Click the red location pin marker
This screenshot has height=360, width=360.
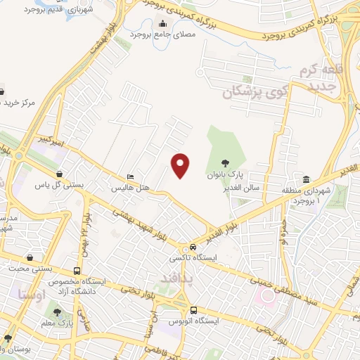181,166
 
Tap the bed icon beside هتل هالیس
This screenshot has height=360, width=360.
129,176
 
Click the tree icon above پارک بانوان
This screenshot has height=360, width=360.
224,162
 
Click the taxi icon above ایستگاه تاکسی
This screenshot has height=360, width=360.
193,247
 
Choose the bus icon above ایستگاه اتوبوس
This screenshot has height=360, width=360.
193,310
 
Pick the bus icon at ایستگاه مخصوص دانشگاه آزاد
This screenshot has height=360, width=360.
76,271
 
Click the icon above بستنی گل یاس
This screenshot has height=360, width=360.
60,174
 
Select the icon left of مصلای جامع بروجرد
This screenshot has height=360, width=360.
132,32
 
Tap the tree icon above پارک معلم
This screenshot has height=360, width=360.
58,312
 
